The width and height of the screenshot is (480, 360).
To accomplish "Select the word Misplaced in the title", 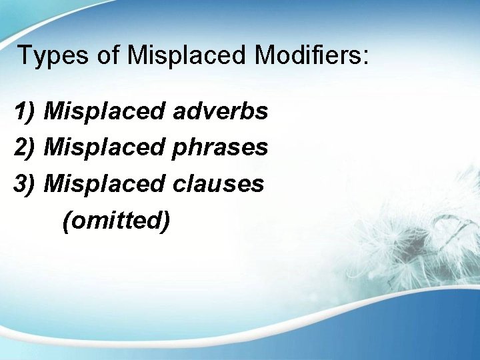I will (x=188, y=55).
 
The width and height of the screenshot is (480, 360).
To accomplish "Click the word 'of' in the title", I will (x=108, y=55).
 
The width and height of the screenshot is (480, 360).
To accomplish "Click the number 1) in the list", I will (x=25, y=112).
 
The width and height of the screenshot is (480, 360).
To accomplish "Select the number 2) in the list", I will (x=25, y=147).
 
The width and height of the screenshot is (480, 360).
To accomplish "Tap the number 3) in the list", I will (x=25, y=183).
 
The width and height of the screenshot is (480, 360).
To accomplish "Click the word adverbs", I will (x=220, y=111).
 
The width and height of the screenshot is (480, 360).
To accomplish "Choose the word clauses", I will (x=218, y=183).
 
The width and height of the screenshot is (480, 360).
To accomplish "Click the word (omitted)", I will (x=115, y=219).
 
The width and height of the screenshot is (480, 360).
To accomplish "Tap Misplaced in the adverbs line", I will (x=105, y=111).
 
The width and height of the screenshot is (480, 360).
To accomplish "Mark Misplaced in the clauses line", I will (x=105, y=183).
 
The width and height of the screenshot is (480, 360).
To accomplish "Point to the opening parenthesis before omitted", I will (x=66, y=220).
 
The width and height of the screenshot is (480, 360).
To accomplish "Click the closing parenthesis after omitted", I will (x=165, y=220).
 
